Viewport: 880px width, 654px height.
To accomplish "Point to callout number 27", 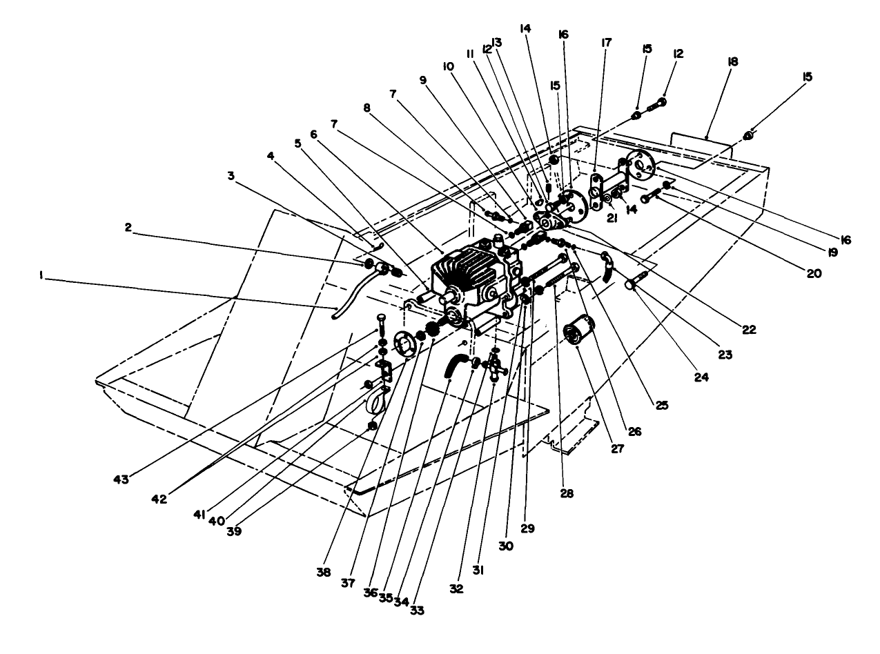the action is (616, 447).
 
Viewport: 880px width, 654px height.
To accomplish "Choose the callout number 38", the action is (324, 572).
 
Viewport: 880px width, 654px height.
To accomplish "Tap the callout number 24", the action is (701, 377).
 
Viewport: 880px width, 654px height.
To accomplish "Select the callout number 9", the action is (423, 79).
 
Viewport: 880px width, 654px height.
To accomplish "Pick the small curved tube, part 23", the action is (607, 268).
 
